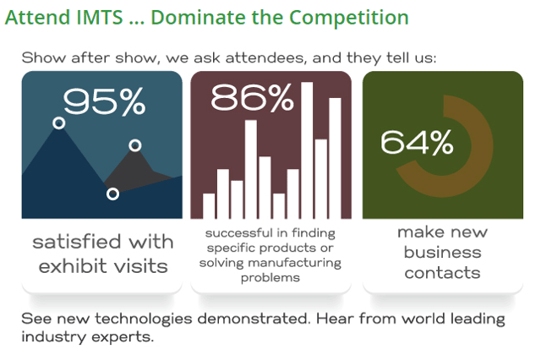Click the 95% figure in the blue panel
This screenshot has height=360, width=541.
point(104,101)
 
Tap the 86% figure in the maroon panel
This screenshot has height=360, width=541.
point(252,98)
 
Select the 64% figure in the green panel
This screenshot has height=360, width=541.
point(417,142)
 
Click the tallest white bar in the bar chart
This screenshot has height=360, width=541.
point(307,150)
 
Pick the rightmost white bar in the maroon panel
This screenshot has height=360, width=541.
point(335,158)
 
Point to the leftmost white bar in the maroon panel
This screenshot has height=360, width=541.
point(209,206)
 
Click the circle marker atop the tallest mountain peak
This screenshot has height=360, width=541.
point(59,123)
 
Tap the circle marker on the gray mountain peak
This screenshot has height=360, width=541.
point(135,145)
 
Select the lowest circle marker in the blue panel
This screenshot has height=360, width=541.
point(112,194)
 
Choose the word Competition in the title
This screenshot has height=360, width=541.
point(349,18)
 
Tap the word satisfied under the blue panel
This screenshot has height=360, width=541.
point(77,242)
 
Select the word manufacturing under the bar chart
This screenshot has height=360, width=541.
point(295,263)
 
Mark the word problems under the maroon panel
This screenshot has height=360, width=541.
point(270,278)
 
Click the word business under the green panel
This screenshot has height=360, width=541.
point(443,252)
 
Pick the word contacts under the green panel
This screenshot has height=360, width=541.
point(443,273)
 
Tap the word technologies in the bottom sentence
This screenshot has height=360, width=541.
point(144,319)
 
